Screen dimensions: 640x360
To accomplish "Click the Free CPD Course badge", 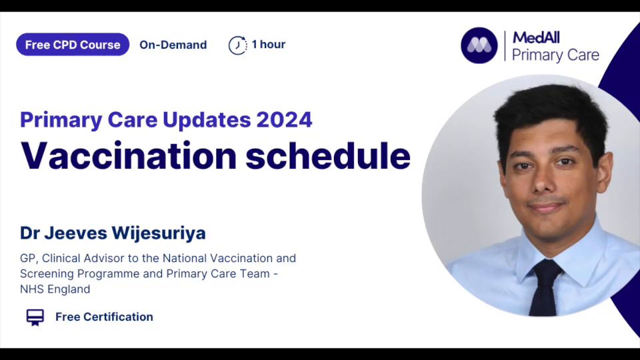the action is [x=73, y=45].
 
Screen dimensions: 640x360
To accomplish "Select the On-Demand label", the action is [x=173, y=45].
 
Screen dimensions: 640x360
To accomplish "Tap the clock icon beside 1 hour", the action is [x=237, y=45].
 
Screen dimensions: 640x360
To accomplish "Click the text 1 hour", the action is [x=269, y=44].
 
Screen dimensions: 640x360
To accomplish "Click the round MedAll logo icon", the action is [x=479, y=45].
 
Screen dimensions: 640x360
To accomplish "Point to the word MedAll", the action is [x=536, y=37].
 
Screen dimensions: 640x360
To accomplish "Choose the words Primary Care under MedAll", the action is [x=555, y=55].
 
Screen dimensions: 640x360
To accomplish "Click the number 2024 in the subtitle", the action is [x=284, y=119].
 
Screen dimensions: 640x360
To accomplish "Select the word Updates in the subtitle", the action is [x=207, y=119].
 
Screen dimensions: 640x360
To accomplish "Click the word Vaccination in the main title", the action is [x=129, y=156].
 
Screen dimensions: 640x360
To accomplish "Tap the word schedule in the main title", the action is [x=328, y=156].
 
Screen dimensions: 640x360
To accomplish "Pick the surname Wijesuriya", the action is [x=159, y=233].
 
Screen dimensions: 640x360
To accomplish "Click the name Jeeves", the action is [x=75, y=233].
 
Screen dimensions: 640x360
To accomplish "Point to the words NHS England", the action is [x=55, y=289].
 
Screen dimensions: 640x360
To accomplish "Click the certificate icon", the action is [x=35, y=317].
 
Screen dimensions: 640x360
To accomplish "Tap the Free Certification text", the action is [x=105, y=317].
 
